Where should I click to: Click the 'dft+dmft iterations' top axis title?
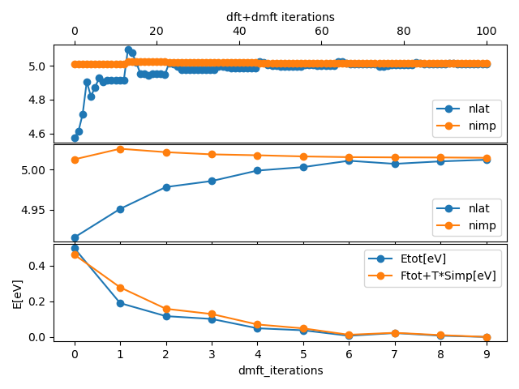click(280, 16)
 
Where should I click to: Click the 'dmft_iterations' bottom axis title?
click(280, 370)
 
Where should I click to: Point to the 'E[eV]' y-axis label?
click(17, 293)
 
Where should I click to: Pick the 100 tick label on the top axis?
click(486, 32)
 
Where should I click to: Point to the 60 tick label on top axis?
click(321, 32)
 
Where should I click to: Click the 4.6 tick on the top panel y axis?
click(38, 134)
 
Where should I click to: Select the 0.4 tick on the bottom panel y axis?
click(38, 266)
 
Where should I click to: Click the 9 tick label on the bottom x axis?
click(486, 353)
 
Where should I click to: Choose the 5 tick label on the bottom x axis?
click(303, 353)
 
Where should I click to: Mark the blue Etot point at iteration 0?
click(75, 249)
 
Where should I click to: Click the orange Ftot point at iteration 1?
click(120, 288)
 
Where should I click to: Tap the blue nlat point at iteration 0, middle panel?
click(75, 237)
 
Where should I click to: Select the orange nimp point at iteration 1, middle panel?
click(120, 149)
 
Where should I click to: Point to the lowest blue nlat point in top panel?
click(75, 138)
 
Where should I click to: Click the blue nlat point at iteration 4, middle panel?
click(257, 170)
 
